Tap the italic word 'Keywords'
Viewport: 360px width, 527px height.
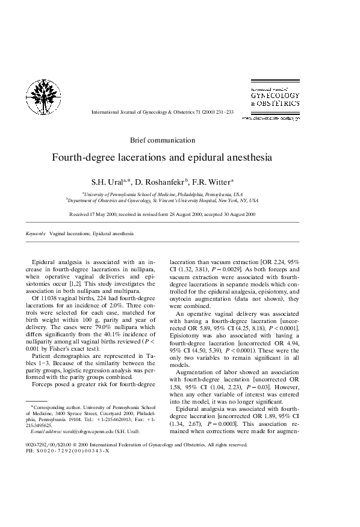(36, 233)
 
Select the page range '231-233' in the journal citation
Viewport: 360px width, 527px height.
(222, 112)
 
